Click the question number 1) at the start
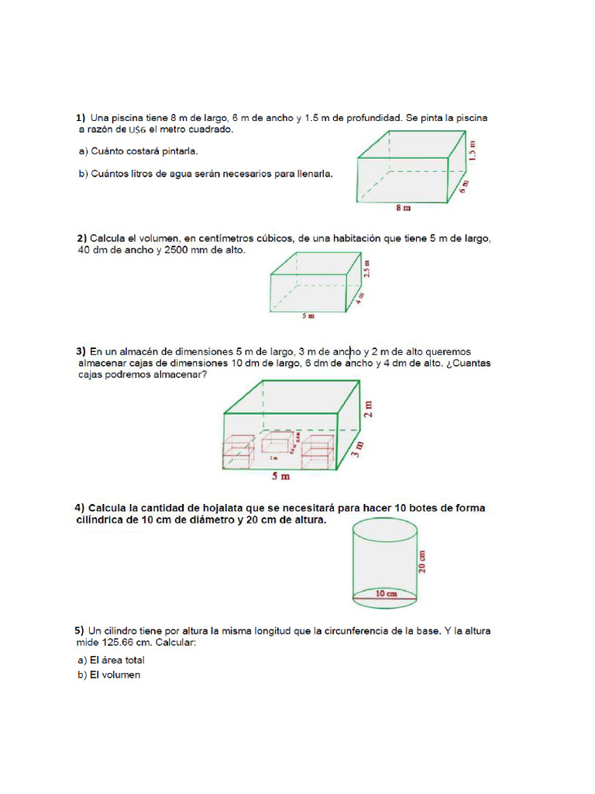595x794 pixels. tap(81, 119)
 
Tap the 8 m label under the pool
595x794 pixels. tap(403, 208)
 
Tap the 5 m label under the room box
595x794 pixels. tap(308, 316)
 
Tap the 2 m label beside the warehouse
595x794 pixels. tap(368, 409)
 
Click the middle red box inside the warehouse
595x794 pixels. tap(276, 443)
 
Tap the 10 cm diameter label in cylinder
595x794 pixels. tap(386, 594)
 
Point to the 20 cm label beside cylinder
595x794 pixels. tap(424, 561)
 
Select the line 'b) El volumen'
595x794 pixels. tap(108, 675)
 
